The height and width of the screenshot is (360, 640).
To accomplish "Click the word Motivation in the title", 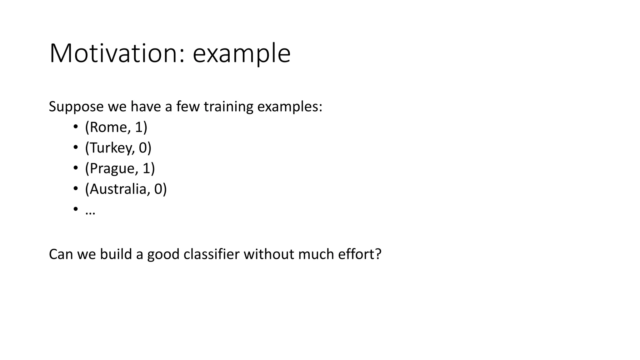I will coord(114,53).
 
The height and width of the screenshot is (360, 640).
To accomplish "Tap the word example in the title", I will coord(242,53).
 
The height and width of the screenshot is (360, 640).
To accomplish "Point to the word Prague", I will coord(112,168).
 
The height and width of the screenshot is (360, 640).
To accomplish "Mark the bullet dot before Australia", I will coord(75,189).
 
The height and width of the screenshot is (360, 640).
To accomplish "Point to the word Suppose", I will coord(76,107).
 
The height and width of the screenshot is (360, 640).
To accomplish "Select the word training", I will coord(228,107).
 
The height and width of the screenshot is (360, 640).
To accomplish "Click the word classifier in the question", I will coord(211,254).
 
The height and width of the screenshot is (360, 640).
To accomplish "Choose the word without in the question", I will coord(269,254).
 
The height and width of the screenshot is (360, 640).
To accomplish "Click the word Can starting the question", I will coord(61,254).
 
